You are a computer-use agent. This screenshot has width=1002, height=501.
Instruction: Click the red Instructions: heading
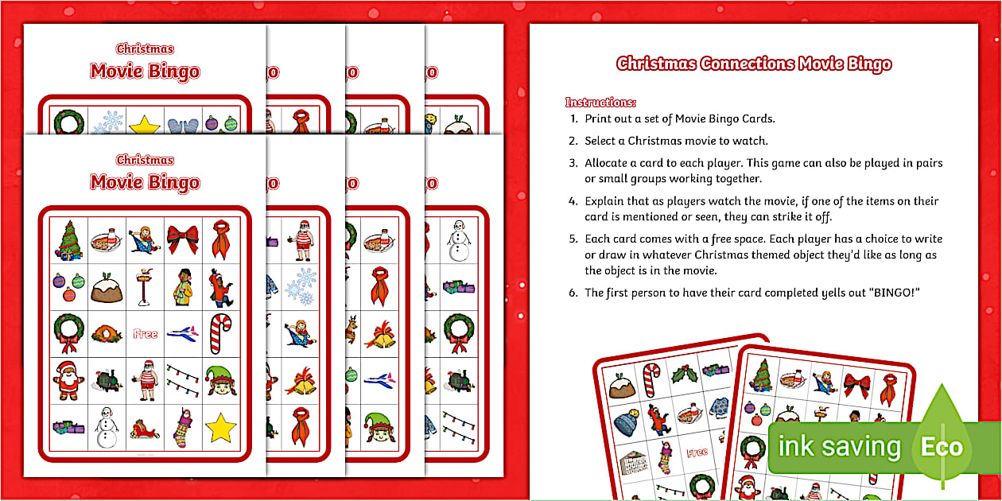(600, 103)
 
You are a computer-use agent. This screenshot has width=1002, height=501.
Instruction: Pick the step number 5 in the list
(573, 239)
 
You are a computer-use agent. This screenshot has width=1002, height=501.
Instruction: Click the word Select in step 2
(603, 141)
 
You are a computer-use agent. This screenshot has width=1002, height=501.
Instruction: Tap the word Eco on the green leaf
(942, 448)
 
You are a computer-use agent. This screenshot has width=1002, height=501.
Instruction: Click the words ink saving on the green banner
(838, 448)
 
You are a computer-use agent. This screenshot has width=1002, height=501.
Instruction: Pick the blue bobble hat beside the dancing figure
(625, 421)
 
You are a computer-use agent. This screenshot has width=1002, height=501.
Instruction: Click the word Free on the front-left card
(146, 334)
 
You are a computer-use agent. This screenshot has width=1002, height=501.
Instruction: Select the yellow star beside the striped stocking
(221, 429)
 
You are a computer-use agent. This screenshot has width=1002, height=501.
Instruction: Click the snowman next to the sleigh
(107, 430)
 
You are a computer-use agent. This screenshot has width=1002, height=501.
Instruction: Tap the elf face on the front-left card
(221, 381)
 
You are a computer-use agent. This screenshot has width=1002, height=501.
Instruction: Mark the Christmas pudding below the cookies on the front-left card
(107, 288)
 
